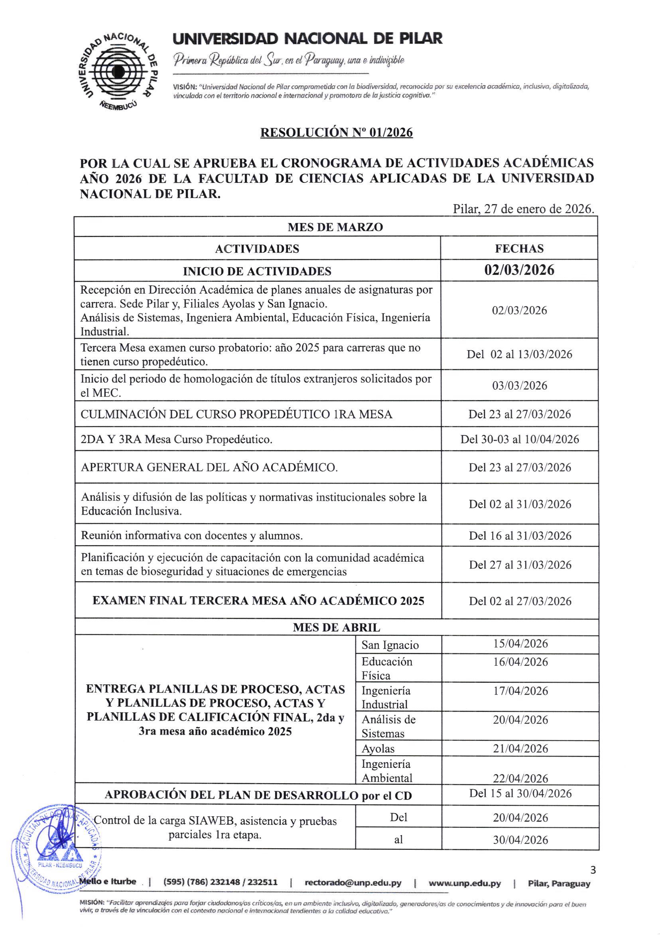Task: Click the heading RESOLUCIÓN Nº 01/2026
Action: [x=336, y=133]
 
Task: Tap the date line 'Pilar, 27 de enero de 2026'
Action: [x=523, y=209]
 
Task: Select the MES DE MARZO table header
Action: [x=335, y=227]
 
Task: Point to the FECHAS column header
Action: [x=519, y=249]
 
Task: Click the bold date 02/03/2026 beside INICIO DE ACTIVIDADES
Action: [x=519, y=271]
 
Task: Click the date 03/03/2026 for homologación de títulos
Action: [x=519, y=385]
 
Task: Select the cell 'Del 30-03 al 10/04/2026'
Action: [x=519, y=439]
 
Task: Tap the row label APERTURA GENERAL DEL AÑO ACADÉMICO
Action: [x=209, y=467]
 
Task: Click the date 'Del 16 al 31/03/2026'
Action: [x=520, y=535]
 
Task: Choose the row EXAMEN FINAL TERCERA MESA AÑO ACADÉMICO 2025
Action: [x=258, y=601]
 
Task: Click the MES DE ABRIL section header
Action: [x=336, y=627]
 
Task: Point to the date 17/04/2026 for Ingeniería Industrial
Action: [x=520, y=691]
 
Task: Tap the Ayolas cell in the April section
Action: [x=378, y=749]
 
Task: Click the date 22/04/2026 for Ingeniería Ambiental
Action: [x=520, y=778]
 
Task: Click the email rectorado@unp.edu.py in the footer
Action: [x=353, y=883]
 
